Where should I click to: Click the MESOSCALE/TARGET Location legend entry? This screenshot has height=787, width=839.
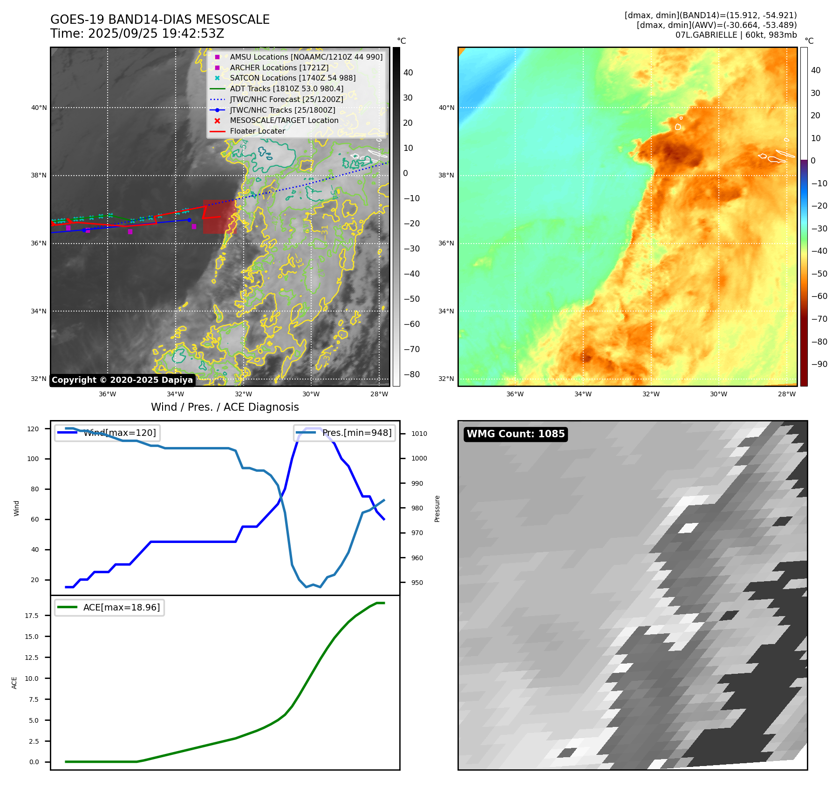[284, 121]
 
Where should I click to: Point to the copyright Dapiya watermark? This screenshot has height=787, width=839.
[122, 380]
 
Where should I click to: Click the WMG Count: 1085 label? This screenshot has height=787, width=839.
[516, 434]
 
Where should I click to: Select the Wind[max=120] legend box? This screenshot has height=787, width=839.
[107, 433]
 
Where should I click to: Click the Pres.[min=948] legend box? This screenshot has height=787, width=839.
[344, 433]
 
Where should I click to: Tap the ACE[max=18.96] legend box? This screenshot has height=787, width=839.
[109, 608]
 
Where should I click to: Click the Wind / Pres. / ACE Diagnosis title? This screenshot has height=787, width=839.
[225, 407]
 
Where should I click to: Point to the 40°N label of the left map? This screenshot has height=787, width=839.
[39, 108]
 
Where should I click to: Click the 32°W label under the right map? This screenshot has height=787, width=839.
[651, 394]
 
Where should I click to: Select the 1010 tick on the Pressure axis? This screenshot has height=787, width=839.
[419, 434]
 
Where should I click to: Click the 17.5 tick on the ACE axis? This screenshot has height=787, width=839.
[32, 616]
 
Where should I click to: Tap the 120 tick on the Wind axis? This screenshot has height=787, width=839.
[33, 429]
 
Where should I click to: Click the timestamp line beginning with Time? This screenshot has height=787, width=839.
[137, 34]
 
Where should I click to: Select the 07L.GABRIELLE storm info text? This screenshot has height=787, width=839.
[736, 35]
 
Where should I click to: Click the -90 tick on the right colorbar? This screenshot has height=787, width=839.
[819, 364]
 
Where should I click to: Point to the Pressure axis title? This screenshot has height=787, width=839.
[437, 509]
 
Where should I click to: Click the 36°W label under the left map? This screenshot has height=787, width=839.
[108, 394]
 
